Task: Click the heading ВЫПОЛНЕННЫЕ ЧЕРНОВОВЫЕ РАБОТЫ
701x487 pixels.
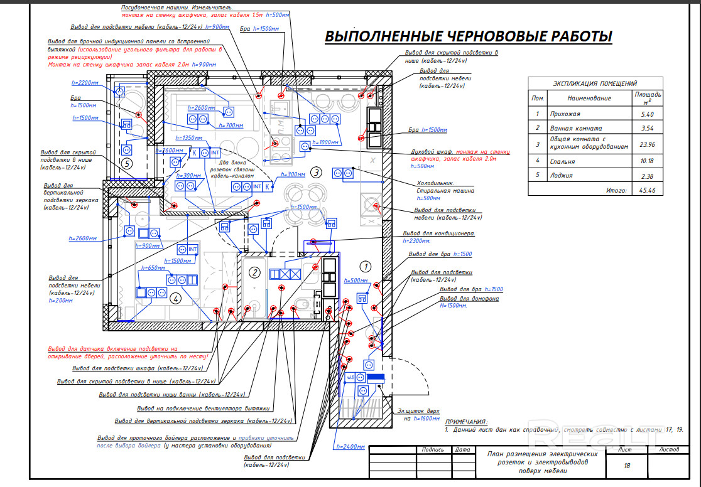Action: pyautogui.click(x=468, y=37)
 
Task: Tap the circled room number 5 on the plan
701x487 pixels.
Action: pyautogui.click(x=128, y=164)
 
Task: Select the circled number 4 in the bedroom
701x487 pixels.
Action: pyautogui.click(x=176, y=298)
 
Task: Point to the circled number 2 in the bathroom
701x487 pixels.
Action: pyautogui.click(x=254, y=272)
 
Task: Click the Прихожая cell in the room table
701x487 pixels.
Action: pyautogui.click(x=565, y=114)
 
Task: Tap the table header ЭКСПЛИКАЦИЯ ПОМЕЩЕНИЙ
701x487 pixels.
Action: pyautogui.click(x=595, y=83)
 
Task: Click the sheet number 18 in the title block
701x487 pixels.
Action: pyautogui.click(x=626, y=466)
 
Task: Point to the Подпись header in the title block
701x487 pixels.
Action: pyautogui.click(x=433, y=449)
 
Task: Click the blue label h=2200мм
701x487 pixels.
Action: pyautogui.click(x=86, y=83)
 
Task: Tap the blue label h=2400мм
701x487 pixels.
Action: pyautogui.click(x=350, y=446)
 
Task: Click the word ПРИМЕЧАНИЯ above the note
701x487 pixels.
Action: pyautogui.click(x=465, y=422)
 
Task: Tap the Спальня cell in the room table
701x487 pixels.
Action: pyautogui.click(x=563, y=161)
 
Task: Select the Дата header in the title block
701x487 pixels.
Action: pyautogui.click(x=462, y=449)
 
